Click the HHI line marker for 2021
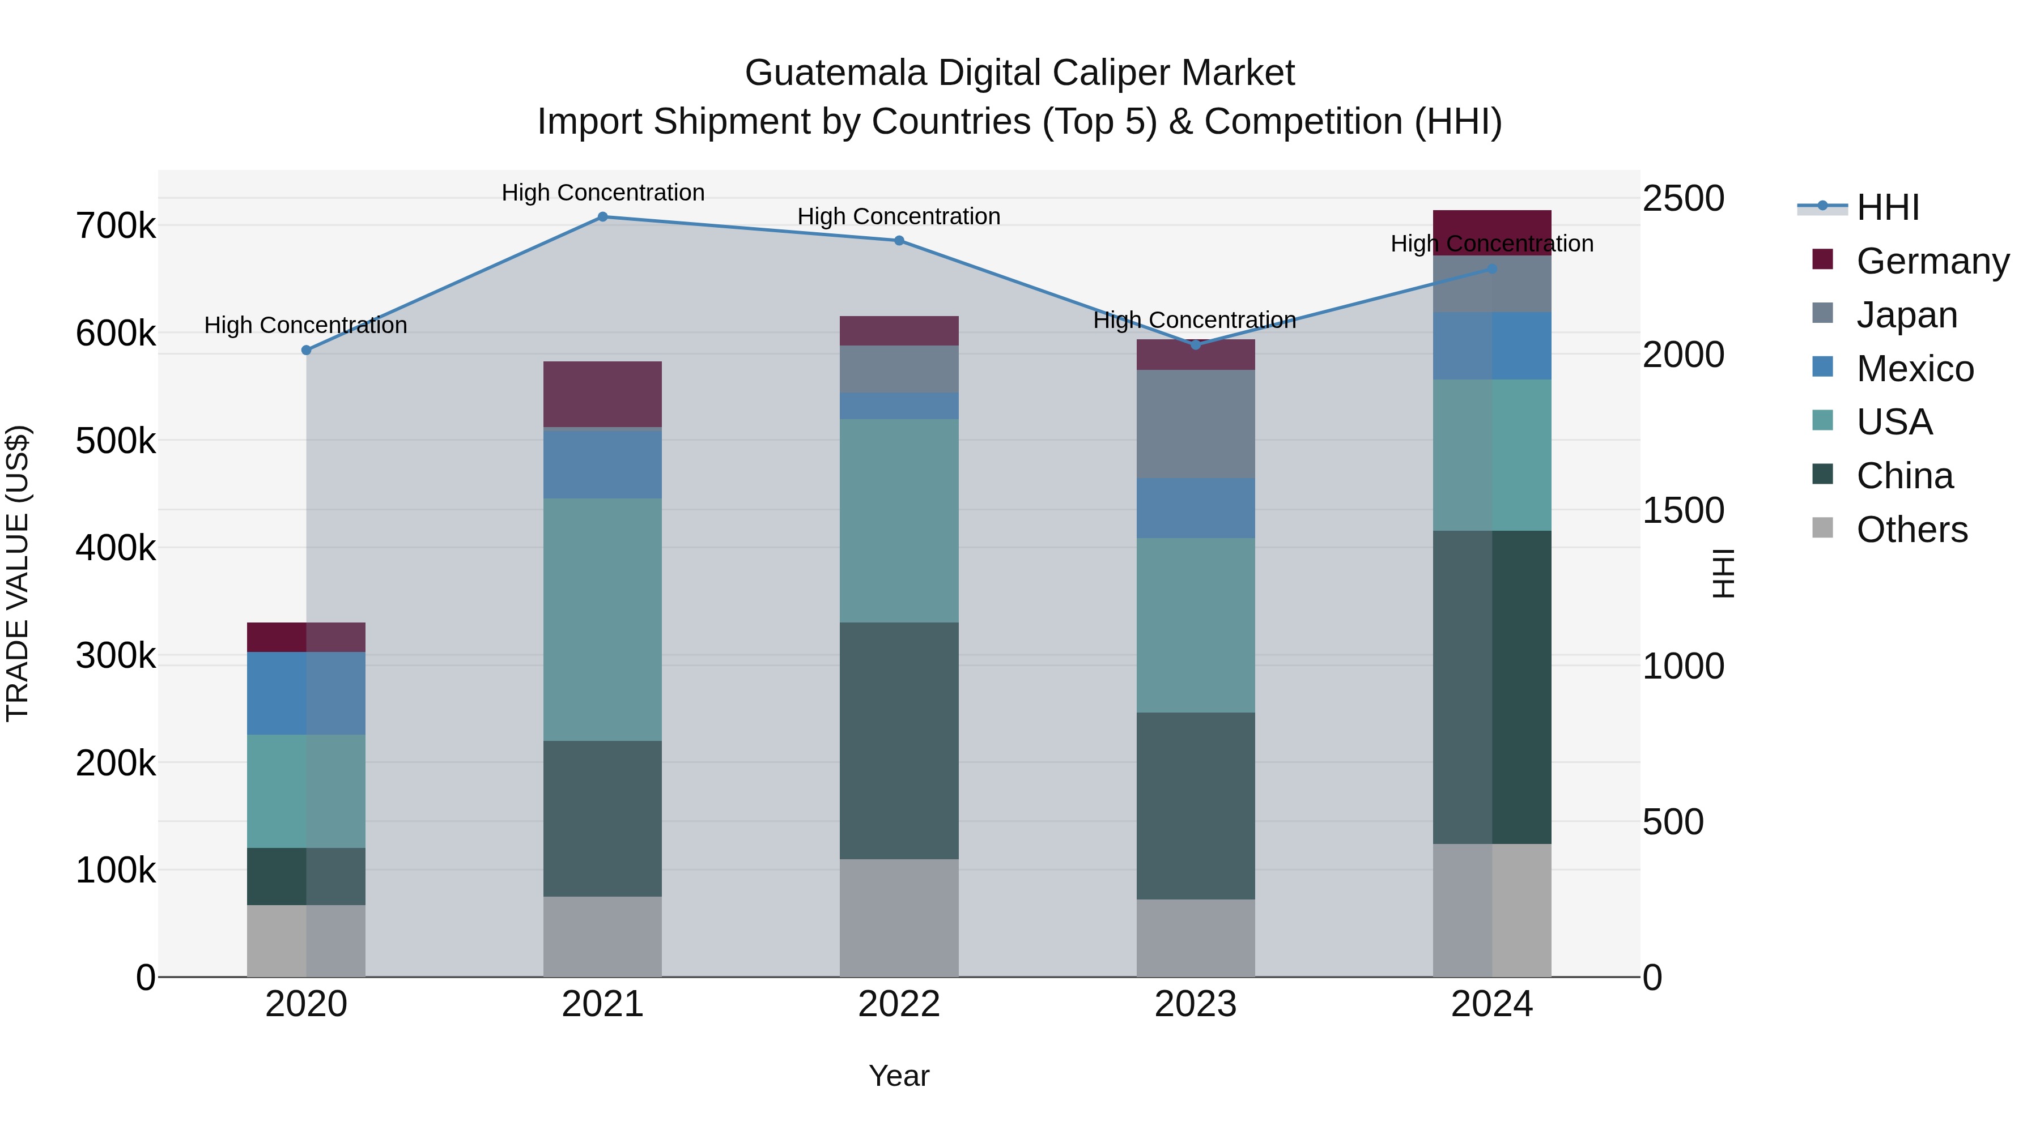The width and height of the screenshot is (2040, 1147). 603,217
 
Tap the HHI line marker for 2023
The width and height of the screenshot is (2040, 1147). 1196,345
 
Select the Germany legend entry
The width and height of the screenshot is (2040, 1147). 1932,261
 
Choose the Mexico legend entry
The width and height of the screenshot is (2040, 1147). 1914,369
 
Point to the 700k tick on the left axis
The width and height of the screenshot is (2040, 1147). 116,227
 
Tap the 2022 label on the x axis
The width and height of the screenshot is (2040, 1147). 899,1004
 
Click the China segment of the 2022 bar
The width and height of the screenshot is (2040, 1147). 899,740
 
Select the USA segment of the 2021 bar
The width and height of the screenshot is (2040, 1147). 603,619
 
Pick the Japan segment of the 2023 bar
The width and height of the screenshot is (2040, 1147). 1196,424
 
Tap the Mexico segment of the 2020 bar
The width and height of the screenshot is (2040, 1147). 307,693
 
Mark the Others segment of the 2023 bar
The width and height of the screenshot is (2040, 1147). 1196,938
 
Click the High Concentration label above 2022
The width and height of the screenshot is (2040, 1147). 899,216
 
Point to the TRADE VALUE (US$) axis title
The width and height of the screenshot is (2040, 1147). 18,573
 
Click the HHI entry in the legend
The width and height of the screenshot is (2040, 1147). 1887,207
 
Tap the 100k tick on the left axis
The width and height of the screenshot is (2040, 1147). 116,871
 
